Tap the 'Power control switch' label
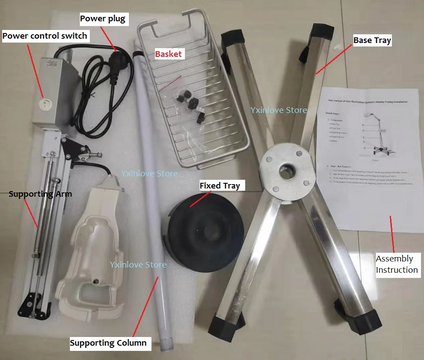[x=45, y=36]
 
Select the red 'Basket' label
[x=168, y=54]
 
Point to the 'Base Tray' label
[x=372, y=40]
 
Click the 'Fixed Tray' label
[x=220, y=186]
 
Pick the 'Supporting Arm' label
[x=40, y=194]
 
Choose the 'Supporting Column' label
[x=108, y=343]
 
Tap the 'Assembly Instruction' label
[x=397, y=264]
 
